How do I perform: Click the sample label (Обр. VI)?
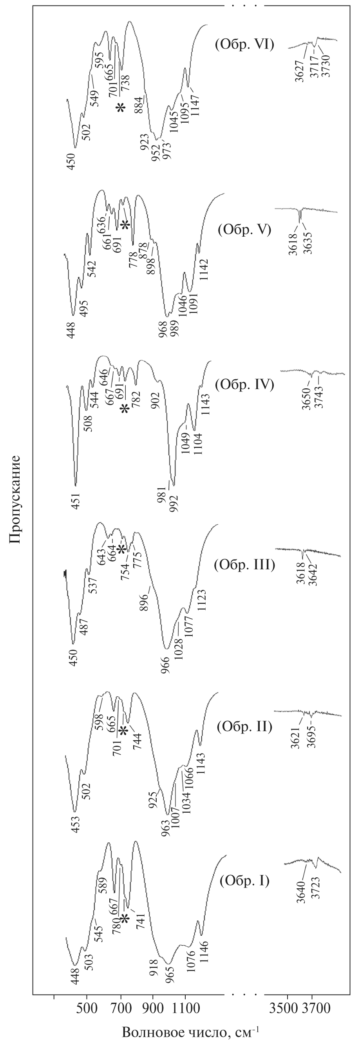pos(244,44)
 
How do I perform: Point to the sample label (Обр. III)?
pos(244,565)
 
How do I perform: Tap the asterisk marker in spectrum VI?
pos(120,108)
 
